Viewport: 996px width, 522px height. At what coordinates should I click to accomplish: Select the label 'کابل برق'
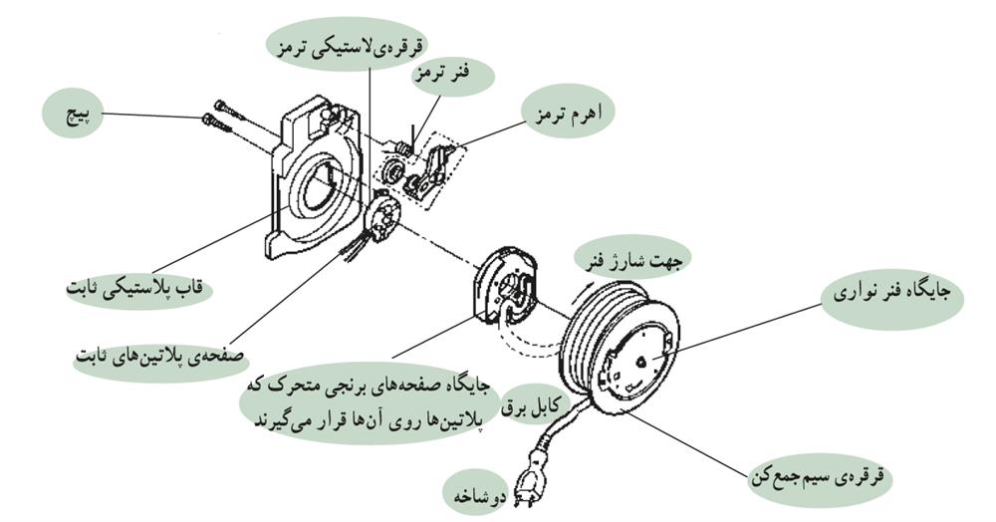[538, 399]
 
